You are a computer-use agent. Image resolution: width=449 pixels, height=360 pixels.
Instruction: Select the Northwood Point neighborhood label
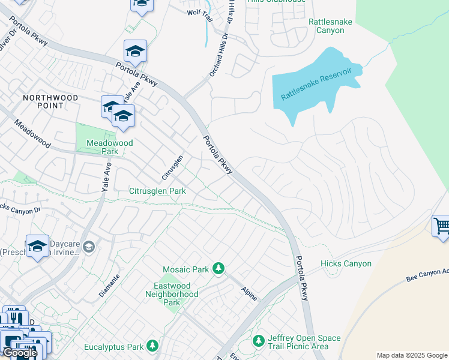tap(51, 101)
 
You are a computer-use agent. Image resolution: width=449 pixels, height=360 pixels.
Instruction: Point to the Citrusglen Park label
tap(157, 191)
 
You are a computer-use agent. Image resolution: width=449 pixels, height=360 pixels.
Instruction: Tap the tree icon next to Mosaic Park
tap(219, 268)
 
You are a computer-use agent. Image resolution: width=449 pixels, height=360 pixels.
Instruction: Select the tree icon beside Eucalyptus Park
tap(153, 346)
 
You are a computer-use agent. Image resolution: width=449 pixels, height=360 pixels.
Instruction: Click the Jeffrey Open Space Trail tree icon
tap(258, 341)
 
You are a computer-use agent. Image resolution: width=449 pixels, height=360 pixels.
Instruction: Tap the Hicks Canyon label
tap(346, 264)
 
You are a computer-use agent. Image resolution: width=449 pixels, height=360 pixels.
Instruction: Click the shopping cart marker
tap(441, 227)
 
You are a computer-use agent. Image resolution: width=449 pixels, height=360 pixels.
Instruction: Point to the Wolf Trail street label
tap(200, 12)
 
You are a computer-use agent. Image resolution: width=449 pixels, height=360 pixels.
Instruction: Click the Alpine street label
tap(249, 292)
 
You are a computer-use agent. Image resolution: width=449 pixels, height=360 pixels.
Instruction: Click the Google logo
tap(19, 353)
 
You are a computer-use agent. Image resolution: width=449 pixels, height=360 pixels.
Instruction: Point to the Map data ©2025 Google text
tap(412, 355)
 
